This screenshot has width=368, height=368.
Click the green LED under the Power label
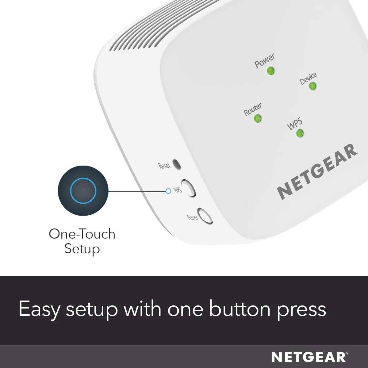270,71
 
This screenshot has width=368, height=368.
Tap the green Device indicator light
312,86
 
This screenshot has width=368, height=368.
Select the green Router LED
258,118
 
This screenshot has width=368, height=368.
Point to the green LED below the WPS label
300,133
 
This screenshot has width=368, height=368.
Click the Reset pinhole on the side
176,164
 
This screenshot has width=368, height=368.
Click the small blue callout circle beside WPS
168,191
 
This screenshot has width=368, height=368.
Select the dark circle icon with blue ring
83,190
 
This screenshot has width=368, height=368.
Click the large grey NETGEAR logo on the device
317,171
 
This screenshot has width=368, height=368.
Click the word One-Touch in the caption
82,234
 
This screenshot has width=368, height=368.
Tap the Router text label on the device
253,109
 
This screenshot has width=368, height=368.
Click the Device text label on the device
308,78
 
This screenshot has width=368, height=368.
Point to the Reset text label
164,165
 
